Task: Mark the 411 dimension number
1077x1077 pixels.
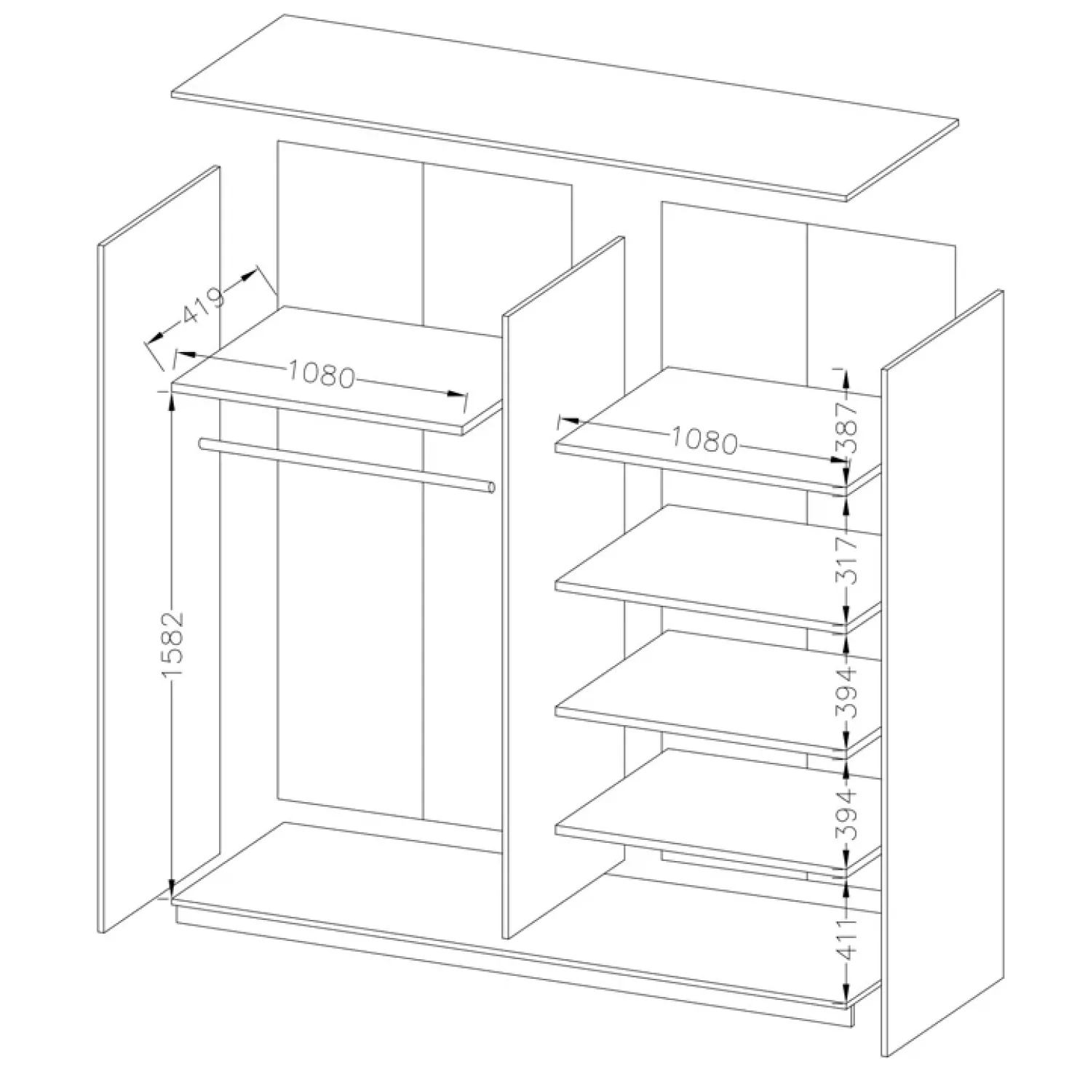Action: point(849,939)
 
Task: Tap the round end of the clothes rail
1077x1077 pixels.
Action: point(491,488)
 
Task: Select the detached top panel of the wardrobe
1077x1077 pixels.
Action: point(565,107)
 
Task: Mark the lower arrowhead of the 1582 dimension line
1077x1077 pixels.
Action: point(171,889)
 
